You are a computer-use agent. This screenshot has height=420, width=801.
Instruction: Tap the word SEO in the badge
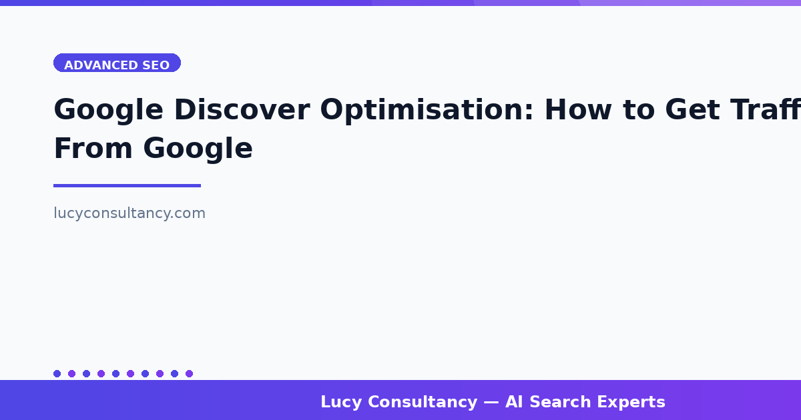(156, 65)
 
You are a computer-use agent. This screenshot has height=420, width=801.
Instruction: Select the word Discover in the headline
(242, 110)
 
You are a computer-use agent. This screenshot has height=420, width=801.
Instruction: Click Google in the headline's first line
(108, 110)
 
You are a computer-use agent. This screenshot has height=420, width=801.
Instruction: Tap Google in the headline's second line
(198, 149)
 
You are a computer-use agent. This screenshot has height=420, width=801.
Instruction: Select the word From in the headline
(92, 149)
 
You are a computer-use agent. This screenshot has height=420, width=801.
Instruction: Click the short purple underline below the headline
(127, 185)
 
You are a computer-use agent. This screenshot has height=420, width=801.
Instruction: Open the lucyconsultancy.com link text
(129, 213)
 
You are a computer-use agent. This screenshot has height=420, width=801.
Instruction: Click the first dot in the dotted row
(57, 373)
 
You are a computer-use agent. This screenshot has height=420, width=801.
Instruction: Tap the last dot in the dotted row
(189, 373)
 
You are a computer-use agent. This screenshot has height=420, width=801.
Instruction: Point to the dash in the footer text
(491, 403)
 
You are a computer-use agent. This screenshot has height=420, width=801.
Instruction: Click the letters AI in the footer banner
(514, 403)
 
